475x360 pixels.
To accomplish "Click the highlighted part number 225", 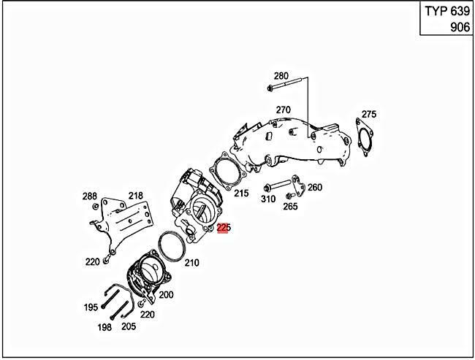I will [x=224, y=229].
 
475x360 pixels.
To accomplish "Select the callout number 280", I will [x=281, y=76].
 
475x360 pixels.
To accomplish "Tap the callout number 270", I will [x=284, y=110].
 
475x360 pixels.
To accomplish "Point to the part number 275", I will [x=369, y=114].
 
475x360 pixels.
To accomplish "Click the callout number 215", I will [x=241, y=194].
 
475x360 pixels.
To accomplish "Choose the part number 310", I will [x=268, y=199].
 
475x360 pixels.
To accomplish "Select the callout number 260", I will [x=314, y=188].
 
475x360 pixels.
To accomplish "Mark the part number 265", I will [x=290, y=207].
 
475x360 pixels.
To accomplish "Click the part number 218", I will [x=136, y=196].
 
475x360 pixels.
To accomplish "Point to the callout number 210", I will [x=191, y=263].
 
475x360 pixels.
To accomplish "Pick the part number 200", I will [x=166, y=294].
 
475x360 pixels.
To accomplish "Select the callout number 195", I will [x=90, y=307].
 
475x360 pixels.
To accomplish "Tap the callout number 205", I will [x=129, y=326].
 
